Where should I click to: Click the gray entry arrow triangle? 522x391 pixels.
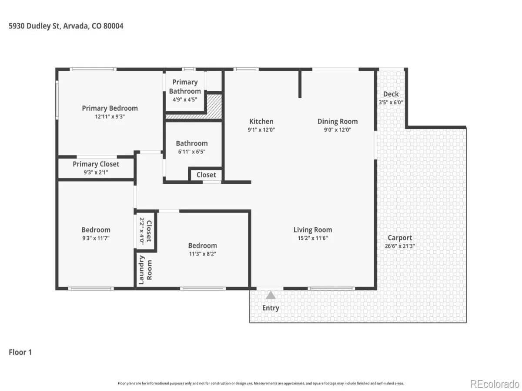[x=271, y=295]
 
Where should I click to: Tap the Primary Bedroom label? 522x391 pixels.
[x=110, y=108]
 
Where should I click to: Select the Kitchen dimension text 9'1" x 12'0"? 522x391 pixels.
[x=261, y=129]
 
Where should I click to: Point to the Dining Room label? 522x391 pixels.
[x=337, y=121]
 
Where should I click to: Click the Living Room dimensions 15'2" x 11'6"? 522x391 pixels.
[x=312, y=238]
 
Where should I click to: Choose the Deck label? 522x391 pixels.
[x=391, y=94]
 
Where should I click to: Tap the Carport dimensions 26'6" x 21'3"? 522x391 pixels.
[x=399, y=246]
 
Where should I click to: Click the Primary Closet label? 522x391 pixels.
[x=96, y=164]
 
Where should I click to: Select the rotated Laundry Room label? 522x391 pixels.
[x=145, y=270]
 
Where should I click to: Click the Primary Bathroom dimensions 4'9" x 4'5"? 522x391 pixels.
[x=185, y=99]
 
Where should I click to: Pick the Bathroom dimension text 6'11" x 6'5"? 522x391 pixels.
[x=191, y=152]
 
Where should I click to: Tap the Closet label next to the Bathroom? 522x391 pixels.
[x=206, y=175]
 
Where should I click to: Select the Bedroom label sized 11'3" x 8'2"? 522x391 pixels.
[x=202, y=245]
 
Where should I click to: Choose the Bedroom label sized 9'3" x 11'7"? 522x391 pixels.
[x=96, y=230]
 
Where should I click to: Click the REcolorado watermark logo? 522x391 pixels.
[x=495, y=384]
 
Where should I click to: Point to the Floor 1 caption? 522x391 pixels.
[x=20, y=352]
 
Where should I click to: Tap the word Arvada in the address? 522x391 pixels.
[x=76, y=26]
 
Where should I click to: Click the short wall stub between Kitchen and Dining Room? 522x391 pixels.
[x=300, y=84]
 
